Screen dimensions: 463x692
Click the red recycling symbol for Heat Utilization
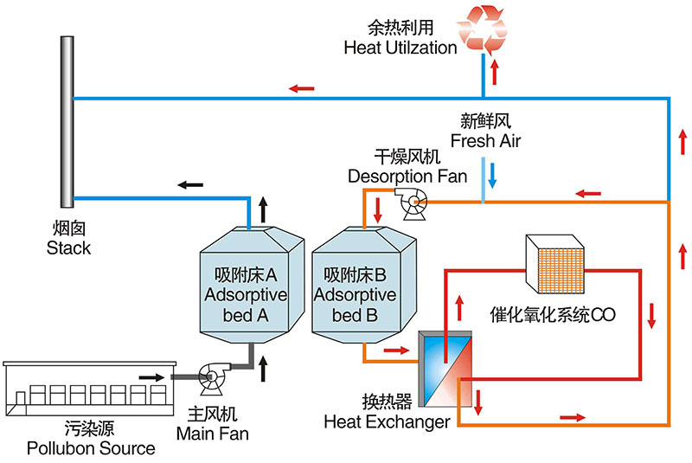486,29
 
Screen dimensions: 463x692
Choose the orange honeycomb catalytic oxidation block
560,262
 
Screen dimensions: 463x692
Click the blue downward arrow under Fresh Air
491,176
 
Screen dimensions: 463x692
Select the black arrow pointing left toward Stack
190,183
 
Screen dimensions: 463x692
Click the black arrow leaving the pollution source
151,377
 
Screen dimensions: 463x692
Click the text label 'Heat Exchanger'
386,422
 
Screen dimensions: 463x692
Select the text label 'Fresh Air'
486,139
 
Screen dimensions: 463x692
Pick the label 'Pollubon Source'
91,448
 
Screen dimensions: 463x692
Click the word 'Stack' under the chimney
69,248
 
